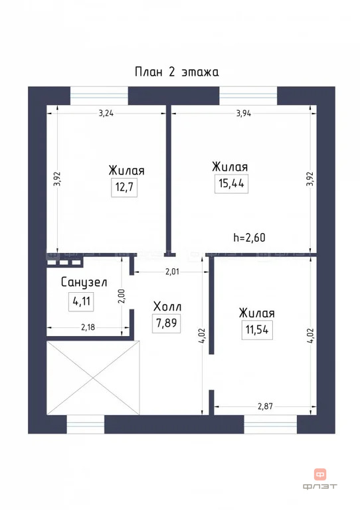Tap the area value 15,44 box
click(230, 183)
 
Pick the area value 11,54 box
click(257, 329)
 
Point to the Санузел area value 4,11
click(82, 300)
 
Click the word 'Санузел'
click(84, 282)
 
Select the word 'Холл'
click(167, 307)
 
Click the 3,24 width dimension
click(106, 113)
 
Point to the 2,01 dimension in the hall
click(172, 271)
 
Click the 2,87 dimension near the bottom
click(264, 402)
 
